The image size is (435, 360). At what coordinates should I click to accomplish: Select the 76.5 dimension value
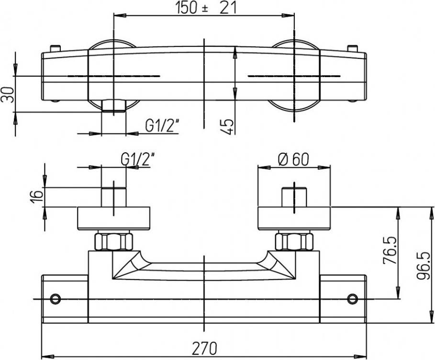coord(389,250)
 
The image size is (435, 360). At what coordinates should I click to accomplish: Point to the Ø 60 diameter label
coord(293,159)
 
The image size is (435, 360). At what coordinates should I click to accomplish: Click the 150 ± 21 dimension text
coord(206,8)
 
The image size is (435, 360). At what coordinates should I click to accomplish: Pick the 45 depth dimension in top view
coord(228,127)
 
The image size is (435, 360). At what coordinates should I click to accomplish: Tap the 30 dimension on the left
coord(8,95)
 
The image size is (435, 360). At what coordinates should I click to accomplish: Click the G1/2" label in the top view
coord(162,126)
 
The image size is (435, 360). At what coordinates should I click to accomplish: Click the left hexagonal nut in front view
coord(113,242)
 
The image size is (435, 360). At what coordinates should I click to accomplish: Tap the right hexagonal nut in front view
coord(294,242)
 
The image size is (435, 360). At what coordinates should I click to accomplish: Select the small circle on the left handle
coord(56,299)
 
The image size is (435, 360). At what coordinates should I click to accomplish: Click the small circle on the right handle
coord(352,299)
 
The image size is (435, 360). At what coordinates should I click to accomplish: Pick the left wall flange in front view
coord(113,218)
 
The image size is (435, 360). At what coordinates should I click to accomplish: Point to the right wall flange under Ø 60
coord(294,218)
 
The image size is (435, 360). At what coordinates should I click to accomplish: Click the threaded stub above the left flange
coord(113,197)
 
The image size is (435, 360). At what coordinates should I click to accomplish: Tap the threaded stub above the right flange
coord(294,197)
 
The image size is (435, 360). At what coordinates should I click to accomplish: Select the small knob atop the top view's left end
coord(55,48)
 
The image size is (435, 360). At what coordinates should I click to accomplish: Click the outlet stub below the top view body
coord(113,106)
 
